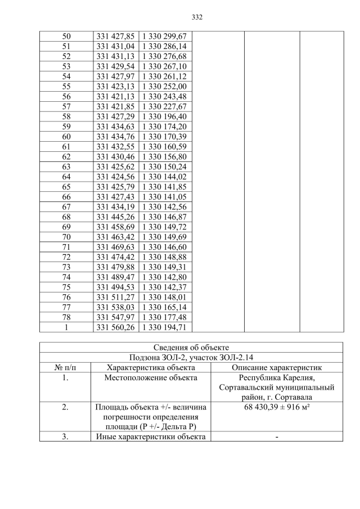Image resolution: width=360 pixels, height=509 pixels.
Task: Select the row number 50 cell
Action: pos(66,37)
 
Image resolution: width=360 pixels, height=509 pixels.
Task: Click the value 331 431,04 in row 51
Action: pos(115,47)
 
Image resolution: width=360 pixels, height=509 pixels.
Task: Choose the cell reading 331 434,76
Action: pos(115,137)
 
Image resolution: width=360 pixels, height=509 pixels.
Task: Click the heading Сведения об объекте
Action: pos(191,347)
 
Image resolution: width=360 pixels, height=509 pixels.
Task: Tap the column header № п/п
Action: pos(65,367)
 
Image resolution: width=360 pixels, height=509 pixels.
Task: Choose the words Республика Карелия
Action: pos(277,377)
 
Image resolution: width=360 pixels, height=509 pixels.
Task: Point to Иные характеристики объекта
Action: pos(150,436)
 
